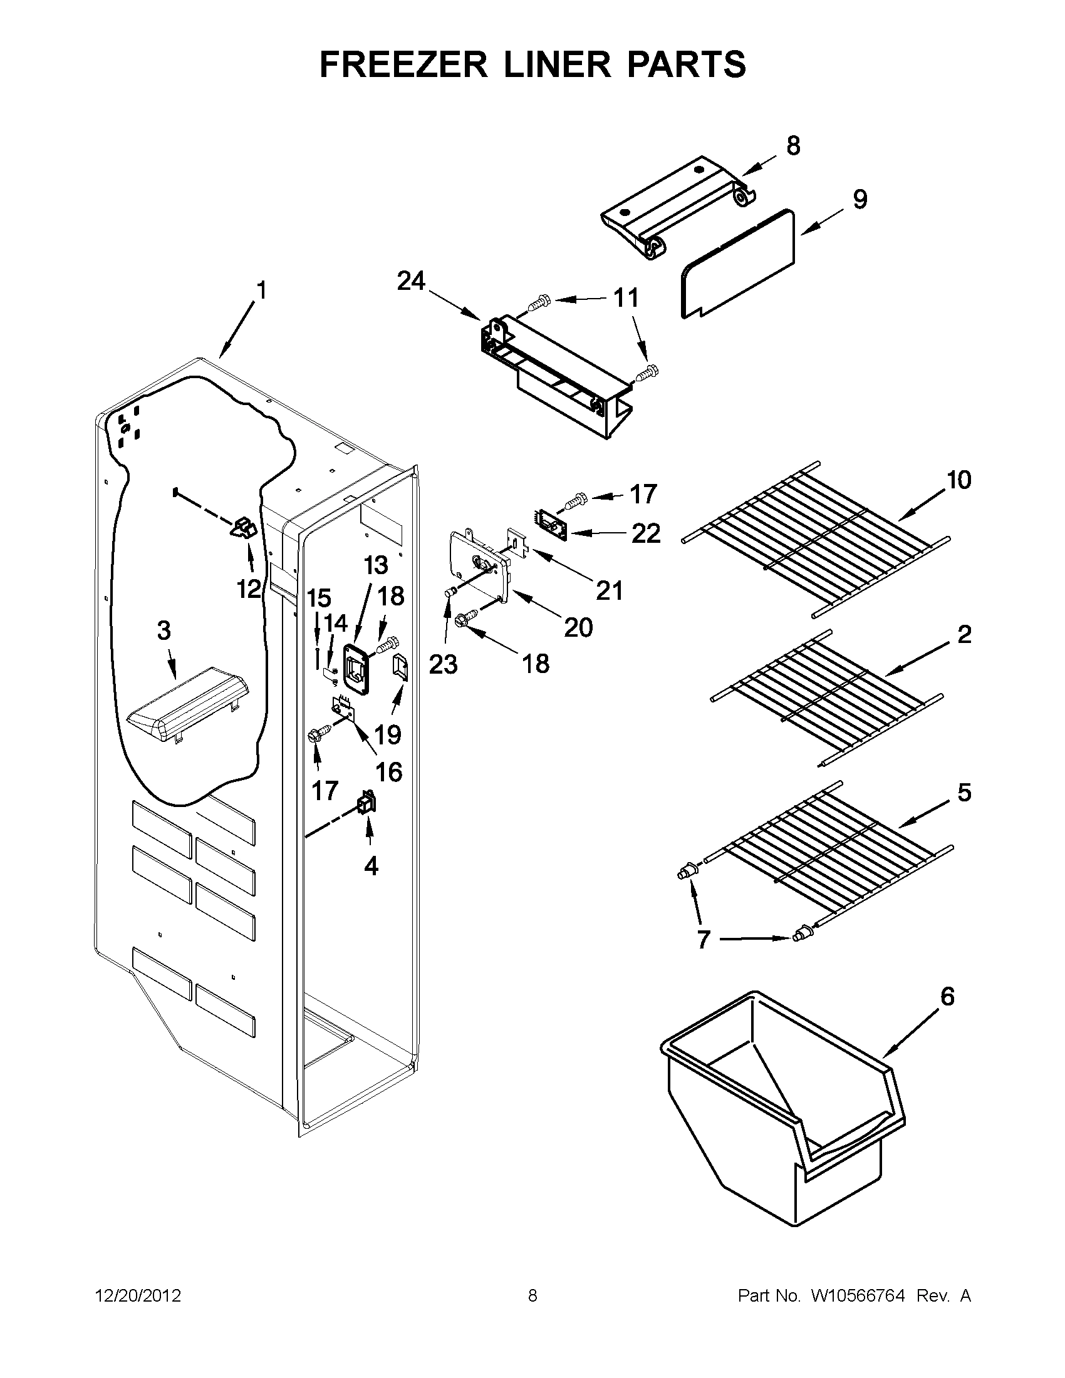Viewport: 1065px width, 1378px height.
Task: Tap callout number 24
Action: point(411,281)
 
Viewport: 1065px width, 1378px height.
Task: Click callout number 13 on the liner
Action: point(376,565)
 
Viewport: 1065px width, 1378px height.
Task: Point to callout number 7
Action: point(704,957)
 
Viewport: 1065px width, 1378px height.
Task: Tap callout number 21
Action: point(610,591)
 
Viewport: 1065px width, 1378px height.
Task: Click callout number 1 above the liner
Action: point(261,291)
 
